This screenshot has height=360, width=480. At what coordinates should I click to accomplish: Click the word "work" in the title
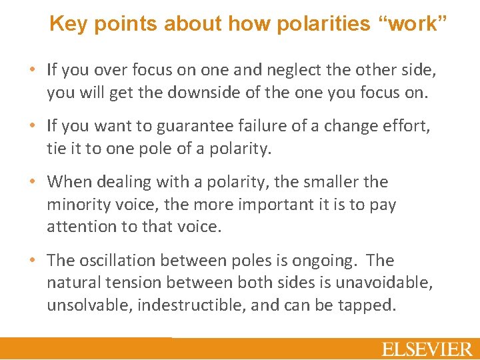pos(411,24)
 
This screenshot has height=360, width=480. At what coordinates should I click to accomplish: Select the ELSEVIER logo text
pos(427,349)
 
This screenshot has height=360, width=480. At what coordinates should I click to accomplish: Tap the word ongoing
pos(325,260)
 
